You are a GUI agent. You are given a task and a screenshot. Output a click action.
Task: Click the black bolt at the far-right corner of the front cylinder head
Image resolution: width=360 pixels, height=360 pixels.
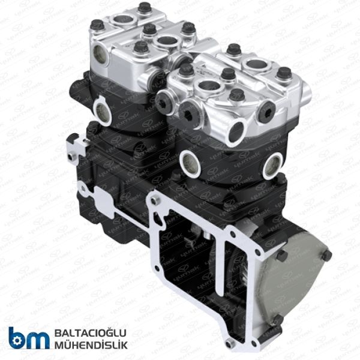coord(283,73)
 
